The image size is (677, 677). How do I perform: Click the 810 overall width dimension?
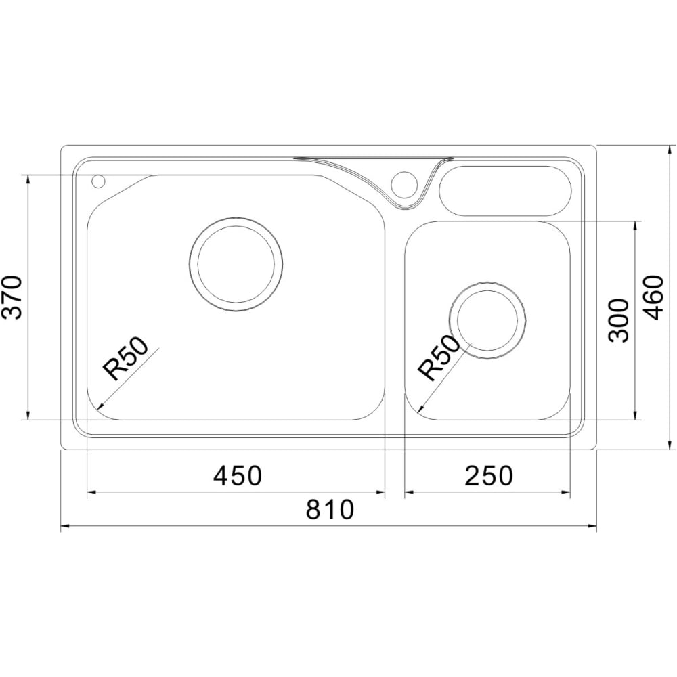click(330, 510)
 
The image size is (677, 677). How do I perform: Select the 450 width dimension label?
click(238, 476)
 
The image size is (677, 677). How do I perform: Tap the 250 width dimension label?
click(489, 476)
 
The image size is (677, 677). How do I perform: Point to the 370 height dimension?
click(12, 297)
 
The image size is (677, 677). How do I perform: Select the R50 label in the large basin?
click(125, 358)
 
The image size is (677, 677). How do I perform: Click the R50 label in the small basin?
click(438, 358)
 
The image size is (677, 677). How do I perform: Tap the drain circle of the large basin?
click(236, 264)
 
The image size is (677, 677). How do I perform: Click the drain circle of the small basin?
click(487, 320)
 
